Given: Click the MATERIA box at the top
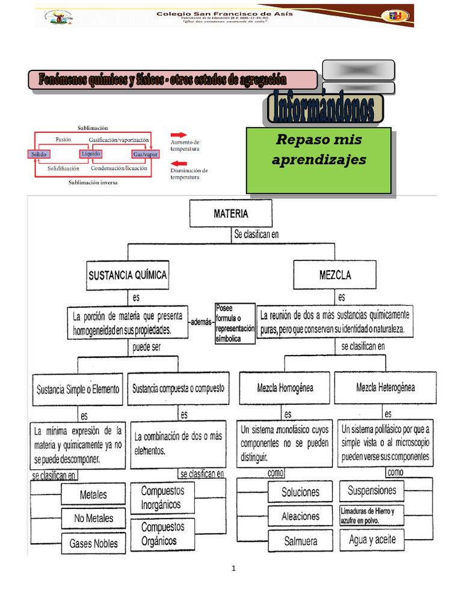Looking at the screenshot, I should click(230, 213).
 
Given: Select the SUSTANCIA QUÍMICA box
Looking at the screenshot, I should click(128, 276).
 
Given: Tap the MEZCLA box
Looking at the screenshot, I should click(334, 276).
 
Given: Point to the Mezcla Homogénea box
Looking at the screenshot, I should click(285, 388).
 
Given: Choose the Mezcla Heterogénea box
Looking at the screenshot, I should click(385, 388).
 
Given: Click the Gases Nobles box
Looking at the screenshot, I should click(94, 543).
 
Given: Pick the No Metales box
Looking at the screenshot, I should click(94, 518).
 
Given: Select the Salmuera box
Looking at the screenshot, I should click(300, 541).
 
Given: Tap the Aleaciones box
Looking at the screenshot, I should click(300, 516).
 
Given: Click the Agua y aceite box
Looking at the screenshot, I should click(372, 540).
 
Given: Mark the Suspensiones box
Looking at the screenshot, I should click(372, 490).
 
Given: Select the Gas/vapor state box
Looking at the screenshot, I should click(146, 155).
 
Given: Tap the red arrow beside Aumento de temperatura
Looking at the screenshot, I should click(179, 135).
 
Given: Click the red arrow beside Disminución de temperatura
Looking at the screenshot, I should click(179, 164).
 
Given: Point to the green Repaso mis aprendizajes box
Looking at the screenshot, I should click(319, 160).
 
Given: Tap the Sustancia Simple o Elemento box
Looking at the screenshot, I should click(78, 389).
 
